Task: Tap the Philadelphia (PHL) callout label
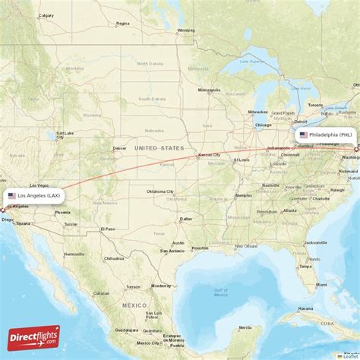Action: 324,134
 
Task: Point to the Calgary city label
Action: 46,15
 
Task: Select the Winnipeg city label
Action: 185,30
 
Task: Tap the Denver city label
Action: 119,148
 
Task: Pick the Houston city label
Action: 200,248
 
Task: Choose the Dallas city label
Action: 186,219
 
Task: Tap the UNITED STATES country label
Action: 159,148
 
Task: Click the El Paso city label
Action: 109,229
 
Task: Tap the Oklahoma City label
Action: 160,191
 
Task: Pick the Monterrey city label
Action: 162,287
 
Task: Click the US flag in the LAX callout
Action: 12,195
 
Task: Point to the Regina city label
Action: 122,24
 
